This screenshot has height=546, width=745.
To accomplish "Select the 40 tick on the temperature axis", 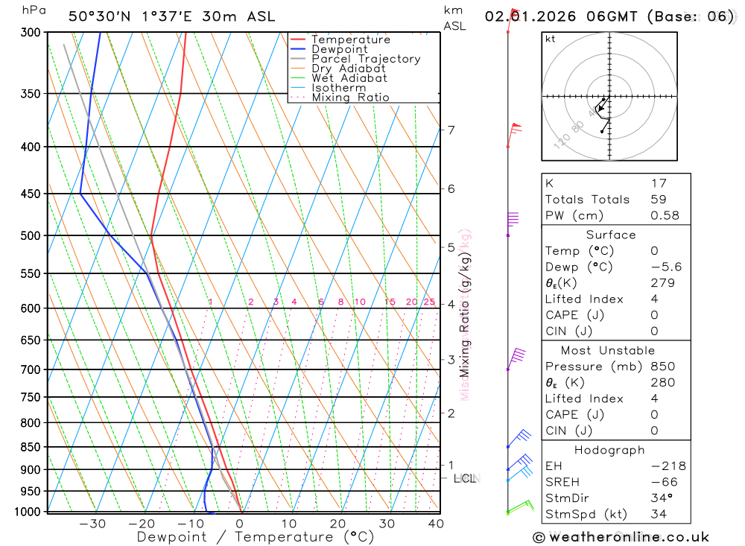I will pyautogui.click(x=436, y=524).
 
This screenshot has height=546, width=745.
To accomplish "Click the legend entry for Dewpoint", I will pyautogui.click(x=339, y=49).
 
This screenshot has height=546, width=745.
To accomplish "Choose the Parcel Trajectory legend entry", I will pyautogui.click(x=366, y=59).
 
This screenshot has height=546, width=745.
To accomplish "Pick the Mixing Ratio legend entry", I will pyautogui.click(x=350, y=98).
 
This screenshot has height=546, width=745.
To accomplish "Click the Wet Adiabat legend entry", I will pyautogui.click(x=349, y=78).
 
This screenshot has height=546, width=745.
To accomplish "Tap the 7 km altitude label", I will pyautogui.click(x=451, y=130).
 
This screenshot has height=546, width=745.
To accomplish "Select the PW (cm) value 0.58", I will pyautogui.click(x=665, y=215).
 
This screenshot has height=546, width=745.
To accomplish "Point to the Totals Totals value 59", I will pyautogui.click(x=658, y=199).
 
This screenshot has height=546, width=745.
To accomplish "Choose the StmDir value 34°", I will pyautogui.click(x=661, y=498).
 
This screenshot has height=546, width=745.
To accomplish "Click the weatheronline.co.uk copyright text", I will pyautogui.click(x=621, y=537).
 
